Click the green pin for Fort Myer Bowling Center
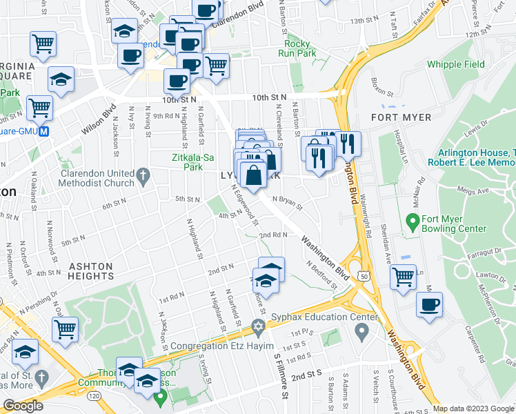413,221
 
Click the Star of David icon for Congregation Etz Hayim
259,326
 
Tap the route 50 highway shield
361,275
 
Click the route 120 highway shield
93,397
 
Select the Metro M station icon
44,131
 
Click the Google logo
23,406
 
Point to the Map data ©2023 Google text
473,408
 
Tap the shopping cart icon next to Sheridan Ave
404,277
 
